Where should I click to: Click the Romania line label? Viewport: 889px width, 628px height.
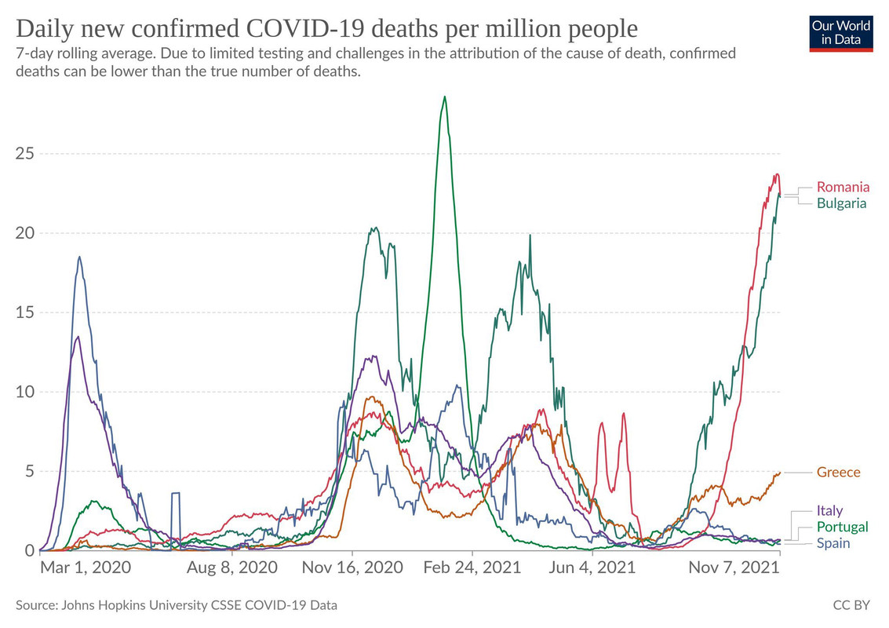tap(843, 187)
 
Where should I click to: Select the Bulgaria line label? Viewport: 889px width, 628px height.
tap(841, 203)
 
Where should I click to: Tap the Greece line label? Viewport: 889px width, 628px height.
tap(838, 473)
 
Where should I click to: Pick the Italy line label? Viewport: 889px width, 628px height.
tap(829, 511)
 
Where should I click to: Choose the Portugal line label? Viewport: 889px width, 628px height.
tap(842, 527)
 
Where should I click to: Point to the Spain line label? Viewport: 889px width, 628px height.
tap(833, 543)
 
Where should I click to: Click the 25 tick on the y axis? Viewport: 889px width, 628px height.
tap(25, 153)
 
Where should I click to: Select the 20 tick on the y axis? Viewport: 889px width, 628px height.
tap(25, 233)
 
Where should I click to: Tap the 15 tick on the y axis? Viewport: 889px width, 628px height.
tap(25, 312)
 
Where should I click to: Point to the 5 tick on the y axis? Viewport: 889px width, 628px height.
tap(30, 472)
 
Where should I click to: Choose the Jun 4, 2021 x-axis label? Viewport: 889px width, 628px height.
tap(594, 568)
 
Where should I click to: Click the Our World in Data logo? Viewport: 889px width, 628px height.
tap(841, 32)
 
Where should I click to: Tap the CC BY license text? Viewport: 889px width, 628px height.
tap(852, 605)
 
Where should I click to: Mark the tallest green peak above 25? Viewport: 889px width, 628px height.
tap(445, 97)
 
